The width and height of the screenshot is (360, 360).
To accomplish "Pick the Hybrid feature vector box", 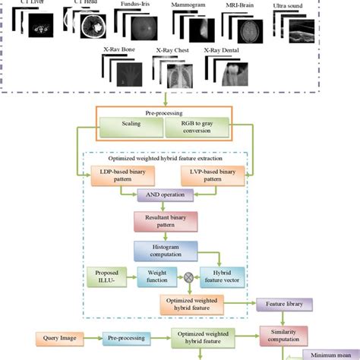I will (x=222, y=276).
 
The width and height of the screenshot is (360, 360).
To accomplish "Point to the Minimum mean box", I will (x=332, y=355).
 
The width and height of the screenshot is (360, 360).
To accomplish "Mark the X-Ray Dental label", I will (x=222, y=51).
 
